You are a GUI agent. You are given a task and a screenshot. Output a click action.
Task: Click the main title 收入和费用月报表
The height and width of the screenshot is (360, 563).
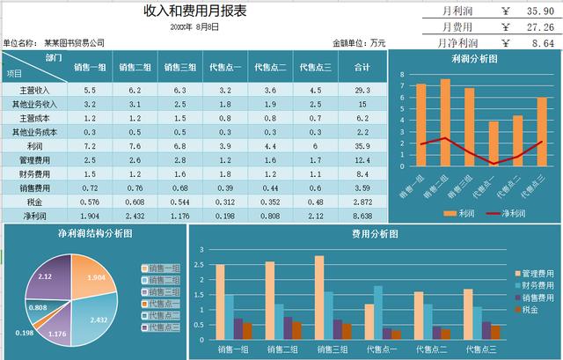coord(194,11)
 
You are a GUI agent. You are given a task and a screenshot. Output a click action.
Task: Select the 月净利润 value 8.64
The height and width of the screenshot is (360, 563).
coord(543,41)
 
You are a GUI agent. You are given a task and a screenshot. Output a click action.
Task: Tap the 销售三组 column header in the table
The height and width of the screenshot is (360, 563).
coord(180,67)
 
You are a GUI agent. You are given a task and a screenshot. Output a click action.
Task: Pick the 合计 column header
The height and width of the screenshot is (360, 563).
coord(361,67)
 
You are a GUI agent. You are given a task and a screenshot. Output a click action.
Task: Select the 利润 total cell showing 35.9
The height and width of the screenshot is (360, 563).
coord(361,146)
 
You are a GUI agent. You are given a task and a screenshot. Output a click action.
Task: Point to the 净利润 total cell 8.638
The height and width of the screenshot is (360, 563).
coord(361,216)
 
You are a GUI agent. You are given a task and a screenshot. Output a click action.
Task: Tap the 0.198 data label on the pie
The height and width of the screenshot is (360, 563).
coord(25,333)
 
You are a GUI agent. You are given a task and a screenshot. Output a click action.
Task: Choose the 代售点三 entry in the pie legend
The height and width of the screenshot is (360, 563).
coord(164,327)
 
